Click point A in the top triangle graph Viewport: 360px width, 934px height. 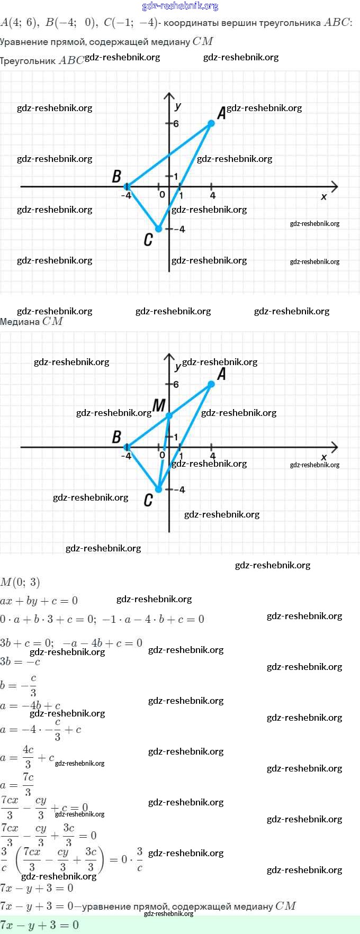211,123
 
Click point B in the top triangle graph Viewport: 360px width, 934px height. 127,186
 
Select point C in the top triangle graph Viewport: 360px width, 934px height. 158,229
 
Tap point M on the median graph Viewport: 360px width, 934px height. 169,415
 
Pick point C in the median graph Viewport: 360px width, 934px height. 158,489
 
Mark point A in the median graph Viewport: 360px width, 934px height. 211,384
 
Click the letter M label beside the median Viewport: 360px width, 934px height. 159,405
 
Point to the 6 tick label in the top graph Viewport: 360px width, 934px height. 176,124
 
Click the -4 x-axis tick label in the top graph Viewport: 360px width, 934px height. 126,196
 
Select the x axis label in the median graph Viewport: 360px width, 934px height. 324,457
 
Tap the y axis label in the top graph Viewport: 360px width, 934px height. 178,106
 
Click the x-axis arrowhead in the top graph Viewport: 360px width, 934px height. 334,186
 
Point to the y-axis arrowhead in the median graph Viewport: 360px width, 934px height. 169,357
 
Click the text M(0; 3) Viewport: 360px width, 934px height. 20,583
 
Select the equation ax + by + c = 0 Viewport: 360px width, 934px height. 39,601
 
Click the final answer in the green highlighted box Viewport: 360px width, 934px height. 40,924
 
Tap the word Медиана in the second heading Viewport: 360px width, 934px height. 20,321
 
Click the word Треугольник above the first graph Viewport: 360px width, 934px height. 28,61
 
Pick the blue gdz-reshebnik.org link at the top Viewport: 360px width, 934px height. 180,6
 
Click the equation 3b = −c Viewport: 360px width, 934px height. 20,661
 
